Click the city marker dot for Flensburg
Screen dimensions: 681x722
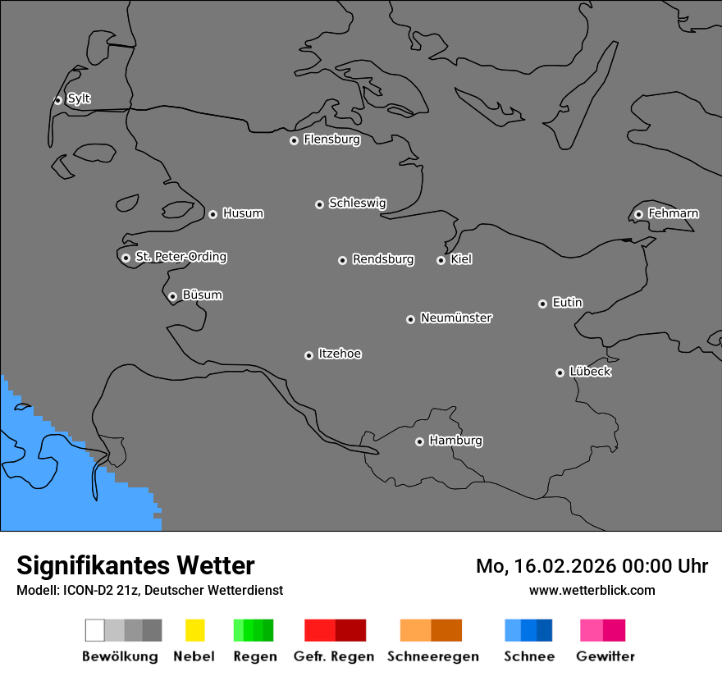(294, 140)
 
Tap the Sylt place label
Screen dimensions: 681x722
(79, 98)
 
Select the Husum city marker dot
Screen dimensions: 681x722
(212, 214)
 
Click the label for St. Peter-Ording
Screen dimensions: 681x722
(180, 257)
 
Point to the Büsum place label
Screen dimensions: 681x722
(202, 295)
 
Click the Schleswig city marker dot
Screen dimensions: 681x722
(319, 204)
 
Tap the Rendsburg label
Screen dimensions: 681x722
(383, 259)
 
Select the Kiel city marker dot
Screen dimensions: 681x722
(441, 260)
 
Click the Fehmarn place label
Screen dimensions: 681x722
(673, 213)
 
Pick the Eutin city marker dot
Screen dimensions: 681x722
(542, 304)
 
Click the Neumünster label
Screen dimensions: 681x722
(456, 318)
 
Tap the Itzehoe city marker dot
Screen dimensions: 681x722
(308, 355)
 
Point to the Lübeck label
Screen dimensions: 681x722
(590, 372)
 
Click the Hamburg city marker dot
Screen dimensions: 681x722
(419, 441)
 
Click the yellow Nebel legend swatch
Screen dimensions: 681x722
(194, 630)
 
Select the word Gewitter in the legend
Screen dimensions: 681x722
(605, 656)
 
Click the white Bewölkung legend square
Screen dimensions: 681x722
(95, 630)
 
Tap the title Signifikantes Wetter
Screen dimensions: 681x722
(135, 565)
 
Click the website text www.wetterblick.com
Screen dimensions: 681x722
(592, 590)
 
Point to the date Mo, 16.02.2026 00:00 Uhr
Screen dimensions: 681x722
(592, 566)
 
